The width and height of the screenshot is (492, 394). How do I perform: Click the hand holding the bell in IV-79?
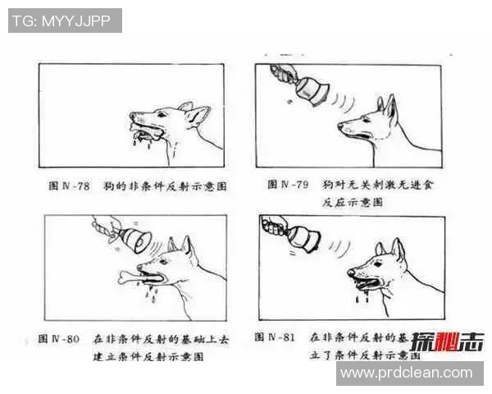283,73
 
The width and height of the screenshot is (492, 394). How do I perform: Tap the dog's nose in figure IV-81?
351,272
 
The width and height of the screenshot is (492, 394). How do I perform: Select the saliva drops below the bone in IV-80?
152,292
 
